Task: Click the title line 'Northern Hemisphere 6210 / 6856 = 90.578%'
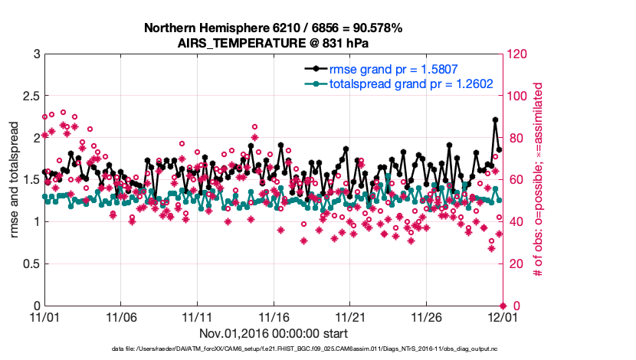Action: [273, 28]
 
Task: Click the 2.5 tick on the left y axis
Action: [31, 96]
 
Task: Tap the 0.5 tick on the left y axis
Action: [31, 264]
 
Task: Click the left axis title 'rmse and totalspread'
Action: [15, 180]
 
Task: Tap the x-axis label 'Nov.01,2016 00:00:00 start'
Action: [274, 333]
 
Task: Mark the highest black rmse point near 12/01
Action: [495, 119]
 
